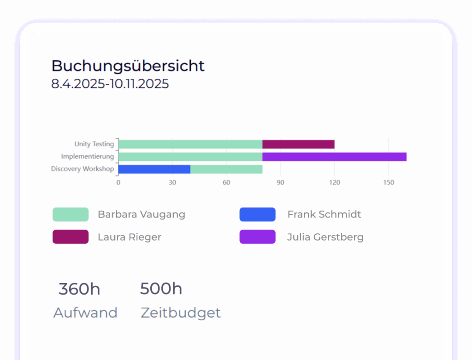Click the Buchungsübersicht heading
coord(128,66)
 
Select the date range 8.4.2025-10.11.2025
coord(110,84)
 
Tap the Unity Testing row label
coord(94,144)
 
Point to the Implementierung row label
coord(87,157)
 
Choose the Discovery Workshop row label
coord(82,169)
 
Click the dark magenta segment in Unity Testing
coord(298,144)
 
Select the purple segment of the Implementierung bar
coord(334,157)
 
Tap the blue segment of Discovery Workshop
coord(154,169)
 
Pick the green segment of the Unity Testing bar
coord(190,144)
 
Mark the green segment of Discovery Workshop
coord(226,169)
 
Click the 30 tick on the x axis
coord(172,183)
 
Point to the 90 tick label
coord(280,183)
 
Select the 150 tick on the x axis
coord(389,183)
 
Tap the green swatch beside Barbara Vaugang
coord(71,214)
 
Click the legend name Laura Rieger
coord(129,237)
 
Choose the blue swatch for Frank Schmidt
coord(257,214)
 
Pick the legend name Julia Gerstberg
coord(325,237)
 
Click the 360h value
coord(79,289)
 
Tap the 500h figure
coord(161,289)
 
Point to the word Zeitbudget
coord(181,313)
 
